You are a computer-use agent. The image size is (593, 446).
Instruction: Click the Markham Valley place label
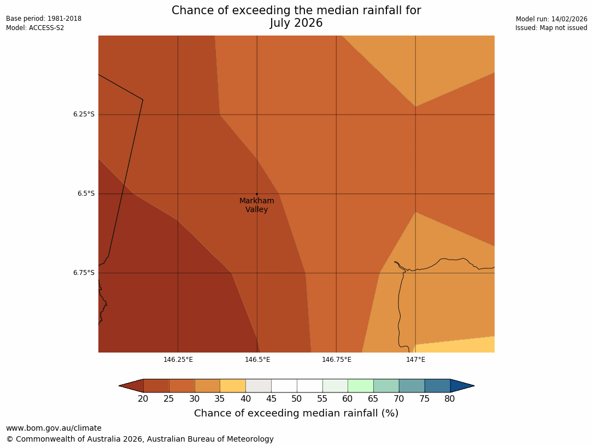tap(256, 205)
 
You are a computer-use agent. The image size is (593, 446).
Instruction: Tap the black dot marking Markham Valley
tap(257, 194)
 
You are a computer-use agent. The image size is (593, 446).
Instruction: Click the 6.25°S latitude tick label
tap(84, 114)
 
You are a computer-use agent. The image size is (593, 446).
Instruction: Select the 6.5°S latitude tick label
tap(86, 193)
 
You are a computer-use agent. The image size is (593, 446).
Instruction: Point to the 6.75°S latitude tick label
tap(84, 273)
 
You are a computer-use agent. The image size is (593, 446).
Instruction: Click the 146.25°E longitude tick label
tap(178, 360)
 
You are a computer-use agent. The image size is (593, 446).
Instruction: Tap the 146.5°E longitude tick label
tap(257, 360)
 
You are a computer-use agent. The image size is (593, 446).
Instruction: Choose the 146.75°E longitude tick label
tap(336, 360)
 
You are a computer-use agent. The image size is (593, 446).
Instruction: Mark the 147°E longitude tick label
tap(415, 360)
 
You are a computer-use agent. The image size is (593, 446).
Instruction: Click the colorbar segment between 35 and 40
tap(233, 386)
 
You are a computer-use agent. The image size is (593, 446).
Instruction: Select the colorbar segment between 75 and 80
tap(437, 386)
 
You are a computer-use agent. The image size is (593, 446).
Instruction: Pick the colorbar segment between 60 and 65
tap(361, 386)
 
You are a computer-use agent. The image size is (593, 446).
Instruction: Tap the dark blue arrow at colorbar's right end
tap(462, 386)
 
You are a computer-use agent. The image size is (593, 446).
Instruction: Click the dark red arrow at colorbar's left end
tap(132, 386)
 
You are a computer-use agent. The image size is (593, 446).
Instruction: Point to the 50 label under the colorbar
tap(297, 399)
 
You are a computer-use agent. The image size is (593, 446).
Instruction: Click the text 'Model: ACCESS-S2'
tap(35, 28)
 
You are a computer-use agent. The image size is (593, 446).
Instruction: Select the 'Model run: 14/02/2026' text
tap(551, 19)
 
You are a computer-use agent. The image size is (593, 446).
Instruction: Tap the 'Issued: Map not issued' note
tap(551, 28)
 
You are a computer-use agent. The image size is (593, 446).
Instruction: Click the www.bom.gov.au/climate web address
tap(54, 428)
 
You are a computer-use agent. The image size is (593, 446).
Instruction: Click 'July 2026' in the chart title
tap(296, 23)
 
